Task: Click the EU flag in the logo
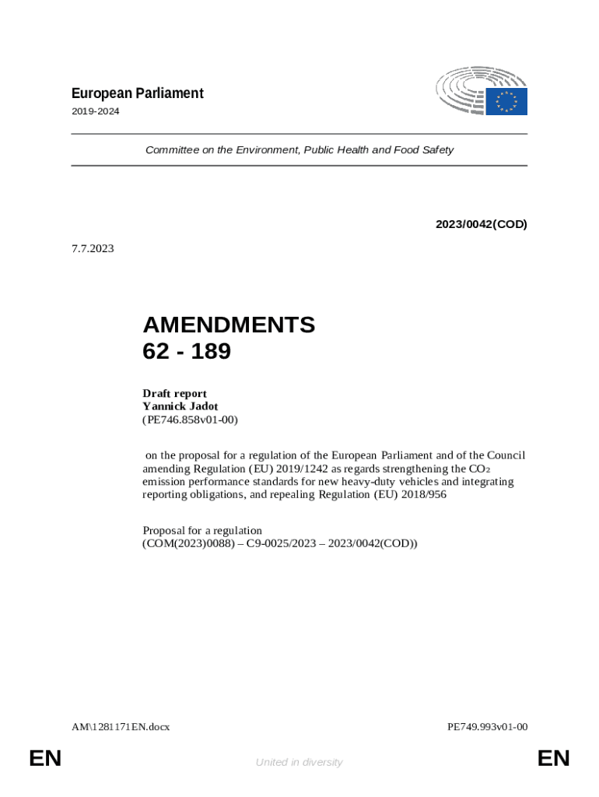click(x=506, y=101)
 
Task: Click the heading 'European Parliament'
click(x=137, y=93)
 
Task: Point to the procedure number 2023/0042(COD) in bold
click(x=481, y=224)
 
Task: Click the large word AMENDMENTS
click(x=229, y=325)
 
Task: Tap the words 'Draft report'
click(x=174, y=393)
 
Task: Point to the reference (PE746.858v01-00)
click(x=190, y=420)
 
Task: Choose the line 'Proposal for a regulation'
click(x=202, y=531)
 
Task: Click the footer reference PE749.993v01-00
click(x=488, y=727)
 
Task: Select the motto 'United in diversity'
click(x=299, y=762)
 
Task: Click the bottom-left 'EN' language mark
click(x=45, y=759)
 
